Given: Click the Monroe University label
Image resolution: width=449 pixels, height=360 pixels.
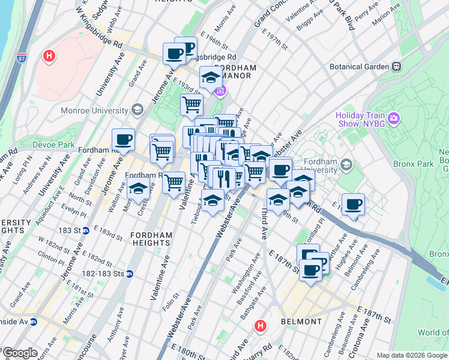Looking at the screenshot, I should pos(94,110).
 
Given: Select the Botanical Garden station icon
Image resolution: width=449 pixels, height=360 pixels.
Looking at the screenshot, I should pos(396,67).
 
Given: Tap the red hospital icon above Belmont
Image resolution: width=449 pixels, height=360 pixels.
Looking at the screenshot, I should pos(260,326).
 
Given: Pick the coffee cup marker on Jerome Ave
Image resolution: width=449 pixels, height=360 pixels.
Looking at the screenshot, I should pos(123,140).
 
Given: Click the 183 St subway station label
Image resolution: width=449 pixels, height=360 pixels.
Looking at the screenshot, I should pos(68,230).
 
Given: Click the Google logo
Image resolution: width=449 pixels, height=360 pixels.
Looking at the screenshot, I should pos(19,353).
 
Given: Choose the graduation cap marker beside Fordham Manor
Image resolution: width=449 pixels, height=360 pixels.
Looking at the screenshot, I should pos(211,77).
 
